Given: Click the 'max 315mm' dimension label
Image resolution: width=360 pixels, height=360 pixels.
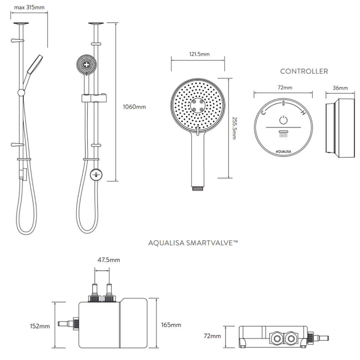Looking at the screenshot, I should (x=29, y=7).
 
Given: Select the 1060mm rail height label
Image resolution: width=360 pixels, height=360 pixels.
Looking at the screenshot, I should (x=134, y=107).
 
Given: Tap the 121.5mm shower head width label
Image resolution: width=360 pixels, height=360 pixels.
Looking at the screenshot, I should (x=199, y=54).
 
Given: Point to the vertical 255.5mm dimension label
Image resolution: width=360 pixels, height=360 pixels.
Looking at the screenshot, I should (x=234, y=128).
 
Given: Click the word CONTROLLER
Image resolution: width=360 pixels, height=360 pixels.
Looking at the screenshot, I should (x=304, y=71).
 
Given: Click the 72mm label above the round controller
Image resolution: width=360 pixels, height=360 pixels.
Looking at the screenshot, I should (x=285, y=88).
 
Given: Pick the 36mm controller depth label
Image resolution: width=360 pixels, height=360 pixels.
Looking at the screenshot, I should (x=340, y=88).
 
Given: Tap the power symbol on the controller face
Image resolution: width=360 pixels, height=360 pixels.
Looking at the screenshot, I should (x=283, y=120).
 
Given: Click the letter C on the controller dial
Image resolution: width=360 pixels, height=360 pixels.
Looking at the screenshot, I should (x=264, y=112).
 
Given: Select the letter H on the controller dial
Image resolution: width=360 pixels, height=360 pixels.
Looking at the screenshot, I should (x=303, y=113).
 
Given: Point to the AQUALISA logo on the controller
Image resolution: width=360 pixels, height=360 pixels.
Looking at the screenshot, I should (x=283, y=151).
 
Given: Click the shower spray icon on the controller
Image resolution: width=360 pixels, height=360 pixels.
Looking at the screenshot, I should (x=283, y=134).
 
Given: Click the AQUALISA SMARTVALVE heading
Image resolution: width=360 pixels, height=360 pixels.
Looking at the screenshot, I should (x=193, y=243).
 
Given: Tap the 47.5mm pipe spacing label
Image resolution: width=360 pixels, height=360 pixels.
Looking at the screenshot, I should (x=109, y=260).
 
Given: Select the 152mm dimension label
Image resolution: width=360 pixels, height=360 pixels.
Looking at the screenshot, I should (x=40, y=326).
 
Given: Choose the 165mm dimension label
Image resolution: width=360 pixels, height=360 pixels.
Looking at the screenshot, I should (x=171, y=325).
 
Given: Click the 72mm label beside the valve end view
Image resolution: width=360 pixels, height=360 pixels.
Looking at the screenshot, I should (x=212, y=336).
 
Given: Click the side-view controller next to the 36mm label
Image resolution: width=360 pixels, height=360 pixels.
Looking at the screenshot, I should (x=337, y=128).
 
